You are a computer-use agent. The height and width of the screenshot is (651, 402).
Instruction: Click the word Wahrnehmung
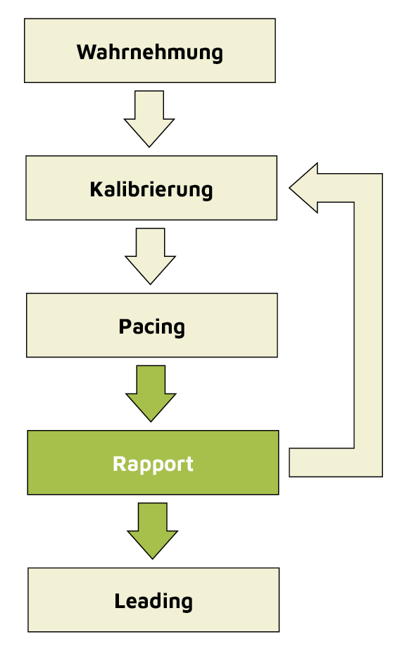(x=149, y=52)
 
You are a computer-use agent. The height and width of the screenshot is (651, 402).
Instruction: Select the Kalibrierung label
(x=151, y=189)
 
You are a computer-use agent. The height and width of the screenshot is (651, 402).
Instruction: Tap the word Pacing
(x=151, y=327)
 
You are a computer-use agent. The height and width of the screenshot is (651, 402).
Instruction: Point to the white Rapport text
(x=153, y=464)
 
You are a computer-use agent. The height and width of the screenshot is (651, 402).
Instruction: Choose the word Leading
(x=153, y=601)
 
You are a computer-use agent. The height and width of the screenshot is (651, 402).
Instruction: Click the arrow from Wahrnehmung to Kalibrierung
(x=149, y=118)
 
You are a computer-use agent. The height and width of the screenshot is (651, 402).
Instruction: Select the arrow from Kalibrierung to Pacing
(x=150, y=255)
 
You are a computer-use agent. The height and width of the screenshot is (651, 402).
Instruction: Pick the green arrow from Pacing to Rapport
(x=151, y=393)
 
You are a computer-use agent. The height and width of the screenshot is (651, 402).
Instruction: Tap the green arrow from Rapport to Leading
(x=152, y=530)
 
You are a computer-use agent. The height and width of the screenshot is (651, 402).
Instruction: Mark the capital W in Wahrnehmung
(x=86, y=52)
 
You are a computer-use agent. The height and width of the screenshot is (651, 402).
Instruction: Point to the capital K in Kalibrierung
(x=96, y=189)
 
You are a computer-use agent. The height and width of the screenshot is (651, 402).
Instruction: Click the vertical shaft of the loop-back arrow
(x=368, y=324)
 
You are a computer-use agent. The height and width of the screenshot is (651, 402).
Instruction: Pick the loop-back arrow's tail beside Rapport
(x=310, y=462)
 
